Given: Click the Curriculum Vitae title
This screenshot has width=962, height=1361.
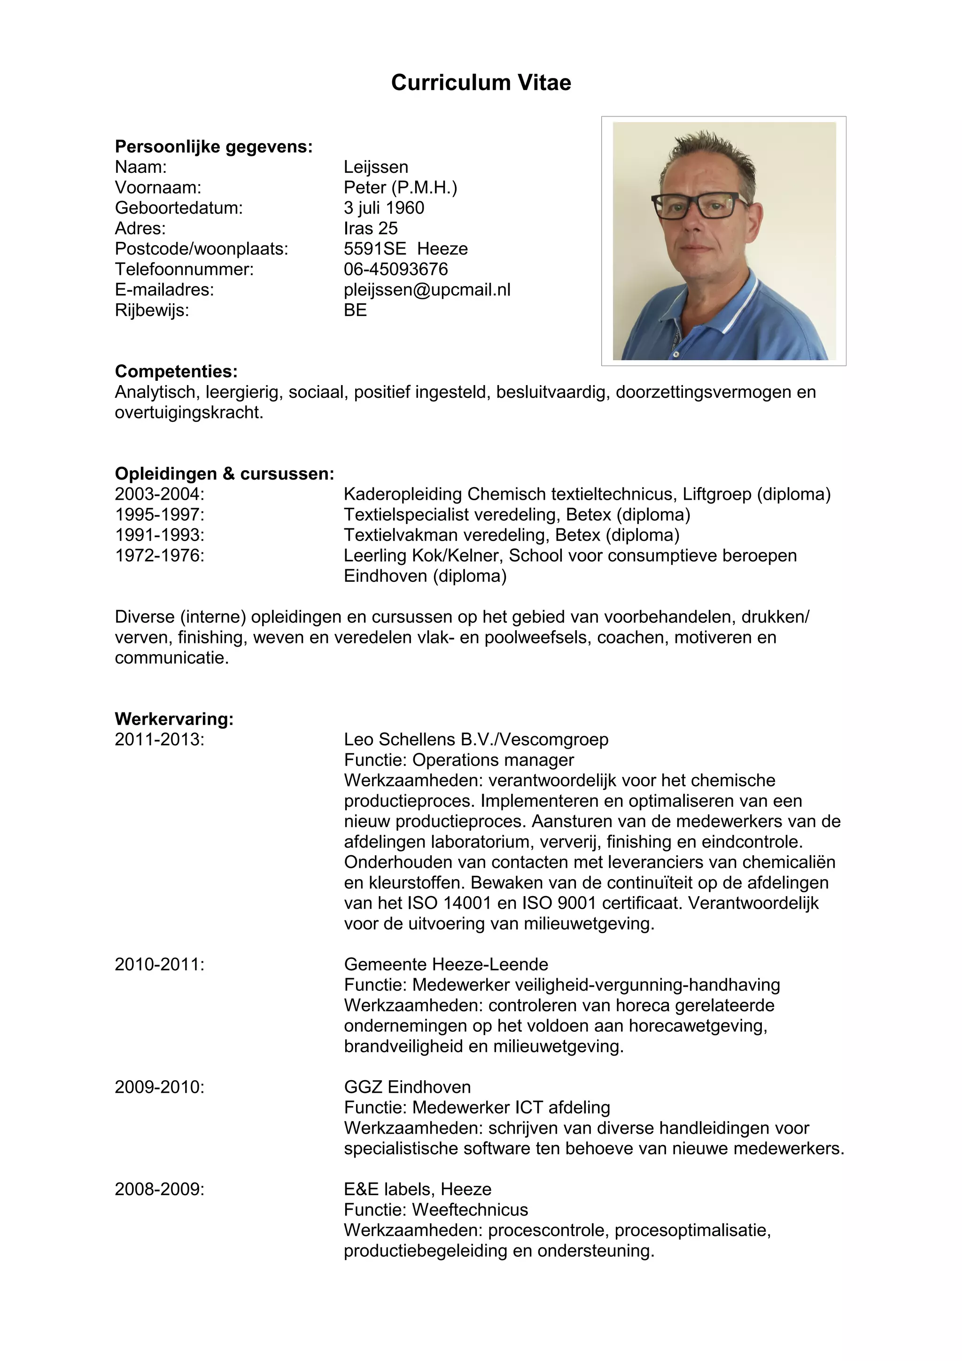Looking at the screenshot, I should coord(481,82).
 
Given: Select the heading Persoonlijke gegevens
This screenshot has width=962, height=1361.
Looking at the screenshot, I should coord(213,147).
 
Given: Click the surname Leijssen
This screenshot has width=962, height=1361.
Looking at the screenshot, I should coord(376,167).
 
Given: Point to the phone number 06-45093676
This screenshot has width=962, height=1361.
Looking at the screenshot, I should coord(396,269).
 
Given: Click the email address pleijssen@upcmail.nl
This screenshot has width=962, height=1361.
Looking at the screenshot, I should coord(427,290).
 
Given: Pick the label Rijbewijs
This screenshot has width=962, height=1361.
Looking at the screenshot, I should coord(152,310).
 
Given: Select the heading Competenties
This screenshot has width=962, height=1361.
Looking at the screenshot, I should coord(176,371).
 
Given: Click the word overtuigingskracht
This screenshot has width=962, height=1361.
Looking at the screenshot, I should coord(188,412).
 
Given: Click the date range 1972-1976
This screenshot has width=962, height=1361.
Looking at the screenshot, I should coord(159,556).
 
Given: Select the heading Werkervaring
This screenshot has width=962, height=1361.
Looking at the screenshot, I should coord(174,719).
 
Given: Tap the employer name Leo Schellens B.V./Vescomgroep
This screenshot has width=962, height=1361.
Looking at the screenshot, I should coord(476,740).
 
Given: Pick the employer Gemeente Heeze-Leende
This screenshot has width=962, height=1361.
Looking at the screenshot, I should coord(446,965).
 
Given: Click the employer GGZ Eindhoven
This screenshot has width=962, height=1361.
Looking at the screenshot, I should coord(407,1087).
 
